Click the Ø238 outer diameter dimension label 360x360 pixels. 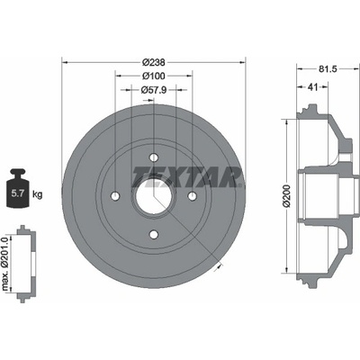coord(154,62)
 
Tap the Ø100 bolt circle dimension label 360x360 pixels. coord(154,76)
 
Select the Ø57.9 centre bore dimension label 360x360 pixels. coord(154,90)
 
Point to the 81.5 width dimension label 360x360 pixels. coord(328,69)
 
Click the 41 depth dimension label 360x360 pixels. coord(313,87)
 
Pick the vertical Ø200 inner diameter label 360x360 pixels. coord(286,195)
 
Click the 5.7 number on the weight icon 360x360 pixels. coord(17,193)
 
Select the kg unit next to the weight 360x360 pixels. coord(37,194)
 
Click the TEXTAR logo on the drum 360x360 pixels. coord(187,177)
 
